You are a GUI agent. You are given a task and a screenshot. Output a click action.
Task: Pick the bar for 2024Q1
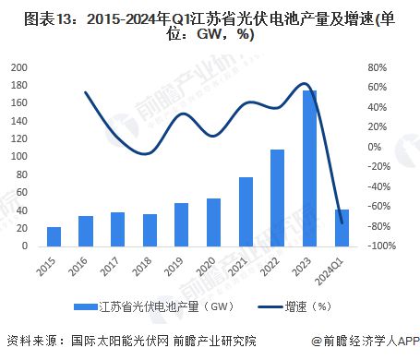click(x=342, y=228)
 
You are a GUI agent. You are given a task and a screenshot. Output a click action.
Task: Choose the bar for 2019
click(x=182, y=224)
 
